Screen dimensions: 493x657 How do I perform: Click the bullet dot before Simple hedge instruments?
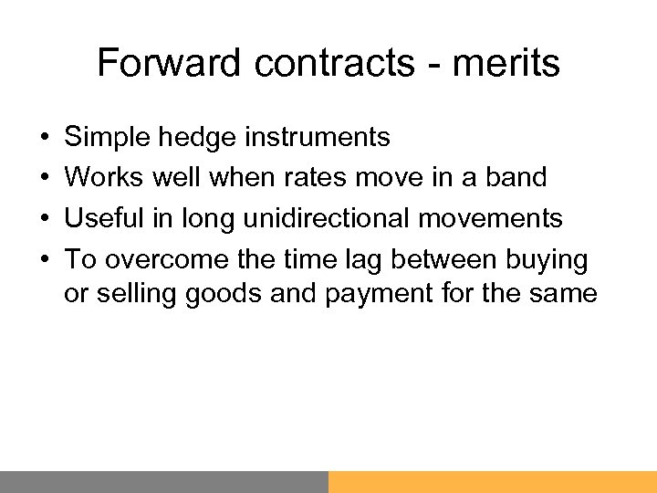coord(45,138)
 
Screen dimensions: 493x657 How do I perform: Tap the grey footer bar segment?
coord(164,481)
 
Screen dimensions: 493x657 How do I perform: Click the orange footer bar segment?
coord(493,481)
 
